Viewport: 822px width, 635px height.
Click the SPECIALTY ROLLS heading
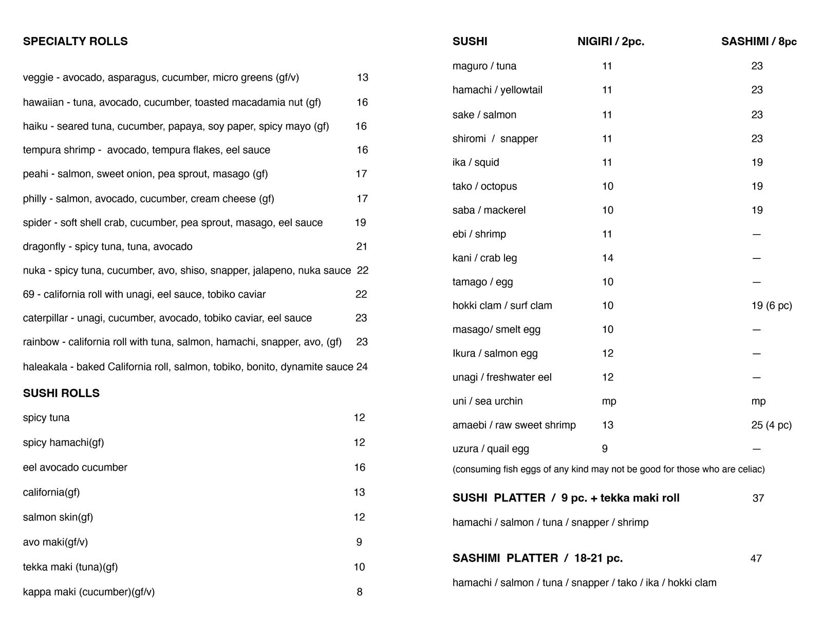pyautogui.click(x=75, y=42)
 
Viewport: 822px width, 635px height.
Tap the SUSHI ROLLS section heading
pyautogui.click(x=61, y=394)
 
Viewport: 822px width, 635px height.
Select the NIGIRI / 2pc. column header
pyautogui.click(x=610, y=42)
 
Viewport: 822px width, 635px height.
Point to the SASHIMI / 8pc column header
pyautogui.click(x=758, y=42)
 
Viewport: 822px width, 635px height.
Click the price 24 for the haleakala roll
pyautogui.click(x=362, y=367)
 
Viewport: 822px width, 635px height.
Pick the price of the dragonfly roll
pyautogui.click(x=362, y=247)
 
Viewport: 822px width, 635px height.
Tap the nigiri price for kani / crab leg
pyautogui.click(x=607, y=258)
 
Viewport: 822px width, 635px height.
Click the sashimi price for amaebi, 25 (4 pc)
pyautogui.click(x=771, y=425)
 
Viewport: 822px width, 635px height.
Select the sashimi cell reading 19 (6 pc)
pyautogui.click(x=771, y=306)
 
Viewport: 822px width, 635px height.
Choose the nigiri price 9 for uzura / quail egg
pyautogui.click(x=605, y=449)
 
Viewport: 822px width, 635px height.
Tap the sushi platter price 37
pyautogui.click(x=758, y=498)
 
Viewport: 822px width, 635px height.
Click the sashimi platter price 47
pyautogui.click(x=756, y=558)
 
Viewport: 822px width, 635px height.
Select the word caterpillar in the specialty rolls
pyautogui.click(x=45, y=318)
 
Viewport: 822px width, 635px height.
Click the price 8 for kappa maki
pyautogui.click(x=359, y=592)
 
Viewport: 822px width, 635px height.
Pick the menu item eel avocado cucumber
pyautogui.click(x=75, y=468)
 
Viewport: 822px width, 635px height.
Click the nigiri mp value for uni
pyautogui.click(x=609, y=401)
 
